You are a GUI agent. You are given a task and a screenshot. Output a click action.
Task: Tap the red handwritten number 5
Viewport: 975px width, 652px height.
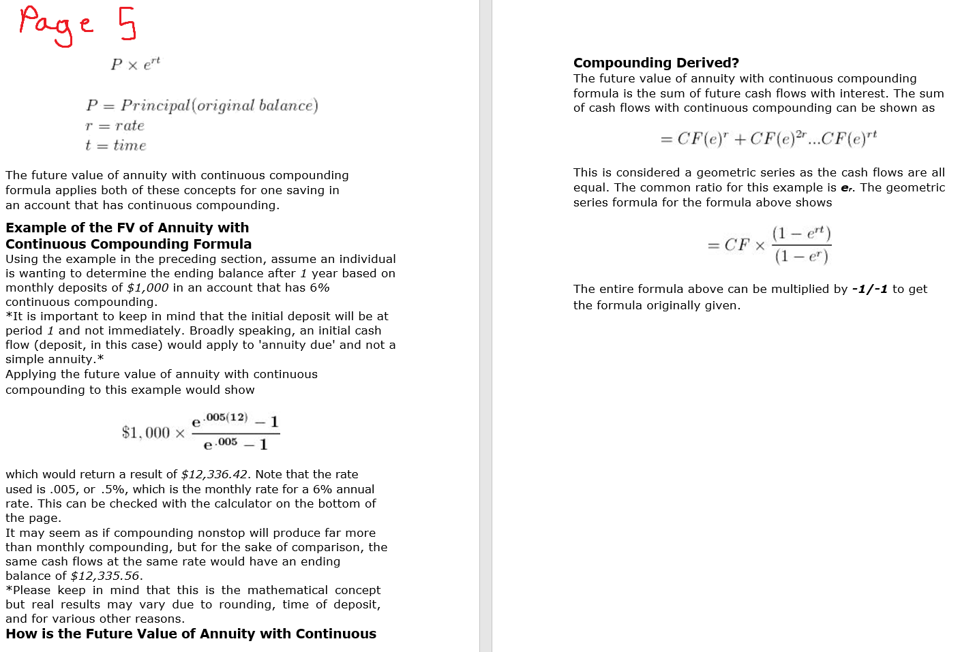pos(127,24)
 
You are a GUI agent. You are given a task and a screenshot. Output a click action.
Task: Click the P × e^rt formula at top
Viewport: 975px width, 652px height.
pos(135,64)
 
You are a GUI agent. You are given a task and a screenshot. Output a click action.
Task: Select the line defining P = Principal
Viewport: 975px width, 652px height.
pos(202,106)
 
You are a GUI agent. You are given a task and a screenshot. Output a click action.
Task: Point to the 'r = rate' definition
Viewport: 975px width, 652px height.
pos(115,126)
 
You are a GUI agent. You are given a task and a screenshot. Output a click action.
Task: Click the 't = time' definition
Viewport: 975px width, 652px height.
pos(115,146)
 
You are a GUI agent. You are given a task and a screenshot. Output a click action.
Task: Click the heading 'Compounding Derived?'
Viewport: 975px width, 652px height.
pos(656,63)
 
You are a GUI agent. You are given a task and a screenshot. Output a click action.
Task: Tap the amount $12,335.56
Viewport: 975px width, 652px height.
pos(106,576)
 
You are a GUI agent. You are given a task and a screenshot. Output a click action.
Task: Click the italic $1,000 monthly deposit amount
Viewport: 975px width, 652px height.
pos(147,288)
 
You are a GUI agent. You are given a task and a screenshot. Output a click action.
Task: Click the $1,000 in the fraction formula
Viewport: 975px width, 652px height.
pos(145,433)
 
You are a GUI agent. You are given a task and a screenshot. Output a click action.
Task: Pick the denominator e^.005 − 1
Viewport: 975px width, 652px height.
pos(235,444)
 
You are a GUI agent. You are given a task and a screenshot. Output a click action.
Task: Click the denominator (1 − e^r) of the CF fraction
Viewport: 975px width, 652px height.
pos(801,257)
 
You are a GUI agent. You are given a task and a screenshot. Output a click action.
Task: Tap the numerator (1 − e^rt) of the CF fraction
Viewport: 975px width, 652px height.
pos(801,234)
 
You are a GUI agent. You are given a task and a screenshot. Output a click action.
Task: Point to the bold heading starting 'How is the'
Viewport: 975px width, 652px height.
pos(191,634)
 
